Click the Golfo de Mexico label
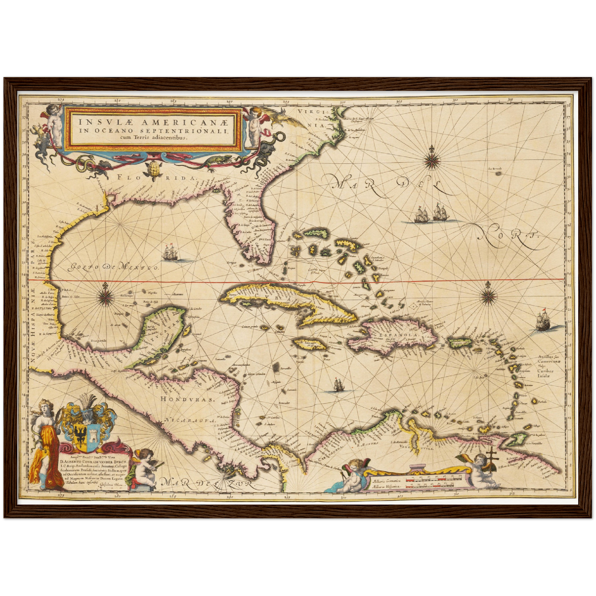pos(113,266)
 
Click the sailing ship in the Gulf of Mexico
pos(171,252)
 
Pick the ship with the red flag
pos(544,320)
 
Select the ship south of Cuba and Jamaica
pos(338,385)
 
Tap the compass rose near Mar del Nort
pos(432,158)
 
